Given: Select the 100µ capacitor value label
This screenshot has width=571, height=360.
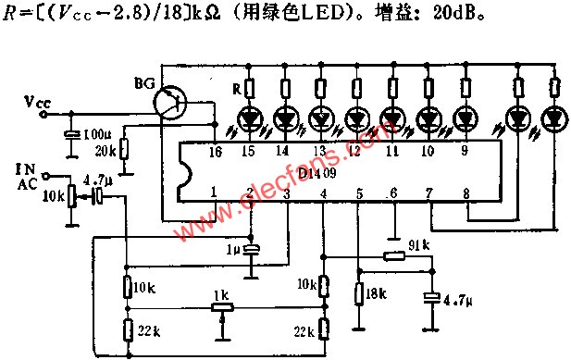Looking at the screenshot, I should point(95,135).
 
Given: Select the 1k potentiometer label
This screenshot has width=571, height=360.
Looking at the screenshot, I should point(219,295).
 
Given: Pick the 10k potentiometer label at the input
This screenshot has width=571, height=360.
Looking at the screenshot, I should point(54,197).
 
